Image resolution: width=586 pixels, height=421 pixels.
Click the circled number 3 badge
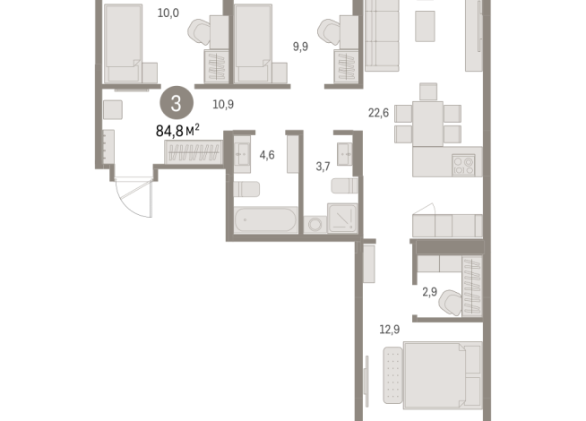[177, 103]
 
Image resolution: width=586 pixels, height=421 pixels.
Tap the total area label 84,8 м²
[177, 131]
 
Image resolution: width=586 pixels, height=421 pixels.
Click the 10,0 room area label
[168, 13]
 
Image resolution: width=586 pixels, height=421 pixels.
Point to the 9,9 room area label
[300, 47]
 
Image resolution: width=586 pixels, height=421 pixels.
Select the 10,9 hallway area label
[223, 104]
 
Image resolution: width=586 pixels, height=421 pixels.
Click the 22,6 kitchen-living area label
[379, 113]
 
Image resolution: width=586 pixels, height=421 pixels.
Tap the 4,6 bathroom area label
[267, 155]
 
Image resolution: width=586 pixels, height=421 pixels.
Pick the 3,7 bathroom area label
[323, 167]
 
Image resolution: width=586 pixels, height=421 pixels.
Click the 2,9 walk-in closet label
[430, 292]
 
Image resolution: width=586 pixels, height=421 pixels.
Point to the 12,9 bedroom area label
[390, 330]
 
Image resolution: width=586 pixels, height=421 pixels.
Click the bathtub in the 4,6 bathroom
[266, 220]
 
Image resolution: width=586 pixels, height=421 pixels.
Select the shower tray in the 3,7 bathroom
[342, 219]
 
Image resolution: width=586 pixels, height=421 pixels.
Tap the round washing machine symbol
[315, 225]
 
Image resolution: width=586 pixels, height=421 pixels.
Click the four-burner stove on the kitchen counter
[463, 165]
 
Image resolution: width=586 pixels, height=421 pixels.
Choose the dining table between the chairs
[428, 124]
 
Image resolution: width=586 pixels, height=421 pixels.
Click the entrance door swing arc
[131, 203]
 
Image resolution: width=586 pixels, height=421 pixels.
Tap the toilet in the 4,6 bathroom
[246, 189]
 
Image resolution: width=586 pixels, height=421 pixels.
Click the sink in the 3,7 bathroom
[344, 154]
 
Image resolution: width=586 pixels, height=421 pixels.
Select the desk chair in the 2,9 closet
[451, 303]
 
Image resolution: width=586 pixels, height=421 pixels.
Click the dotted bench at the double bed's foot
[392, 375]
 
